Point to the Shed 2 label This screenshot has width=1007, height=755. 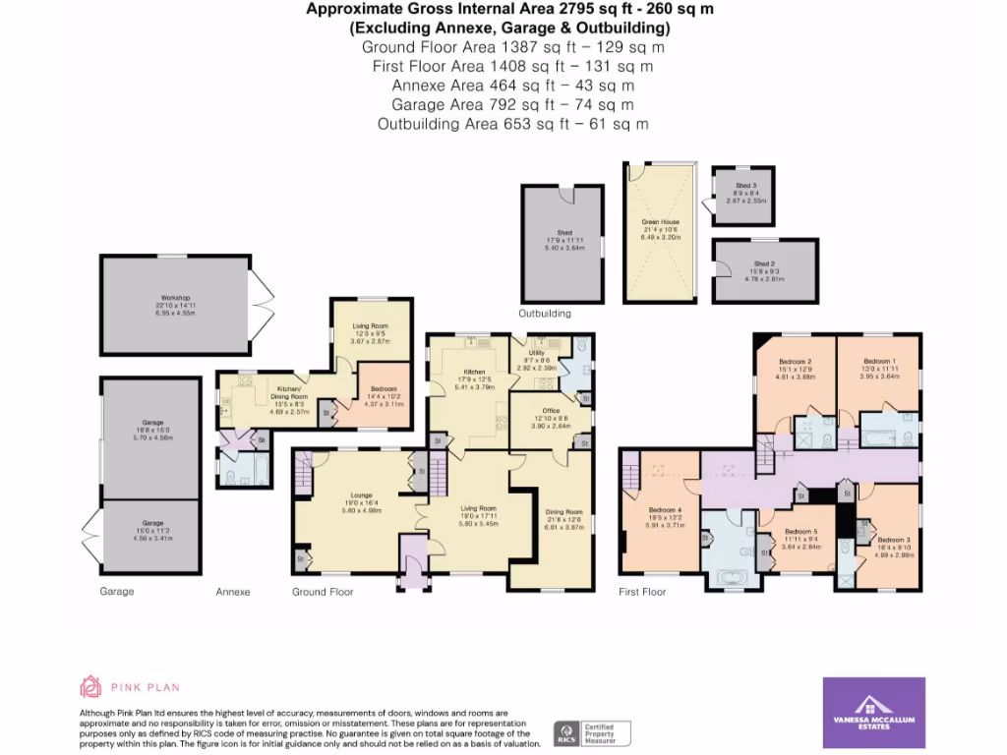click(x=766, y=263)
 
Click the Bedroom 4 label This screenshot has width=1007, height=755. click(x=665, y=509)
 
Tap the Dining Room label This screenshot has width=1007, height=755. click(x=564, y=512)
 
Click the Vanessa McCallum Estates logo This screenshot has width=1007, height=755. click(x=873, y=713)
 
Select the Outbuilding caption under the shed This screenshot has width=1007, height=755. click(x=544, y=314)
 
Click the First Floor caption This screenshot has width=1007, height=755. click(x=641, y=592)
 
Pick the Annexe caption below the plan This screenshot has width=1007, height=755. click(x=233, y=592)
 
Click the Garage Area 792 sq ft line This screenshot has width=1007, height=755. click(x=512, y=104)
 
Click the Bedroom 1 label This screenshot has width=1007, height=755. click(x=879, y=361)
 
